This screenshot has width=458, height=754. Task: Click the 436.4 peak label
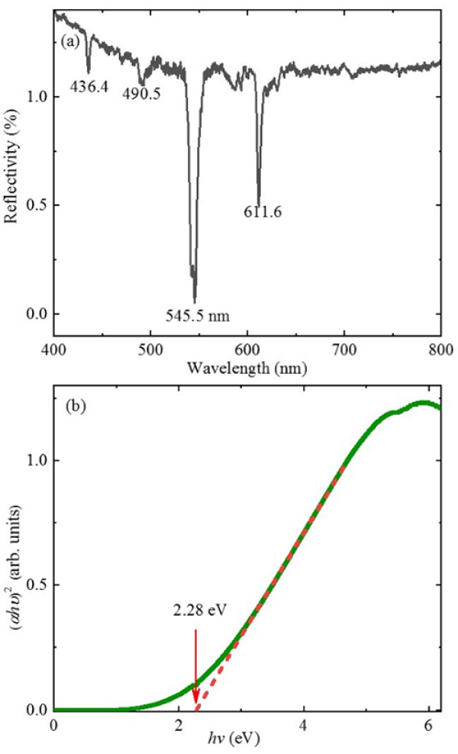[x=86, y=87]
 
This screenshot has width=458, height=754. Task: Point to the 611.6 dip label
[x=263, y=213]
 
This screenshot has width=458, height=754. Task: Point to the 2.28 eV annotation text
[x=197, y=611]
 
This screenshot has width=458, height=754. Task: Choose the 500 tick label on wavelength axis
[x=150, y=347]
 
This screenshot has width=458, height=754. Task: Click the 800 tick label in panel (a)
[x=440, y=347]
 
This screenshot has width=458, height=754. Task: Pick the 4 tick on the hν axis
[x=305, y=723]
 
